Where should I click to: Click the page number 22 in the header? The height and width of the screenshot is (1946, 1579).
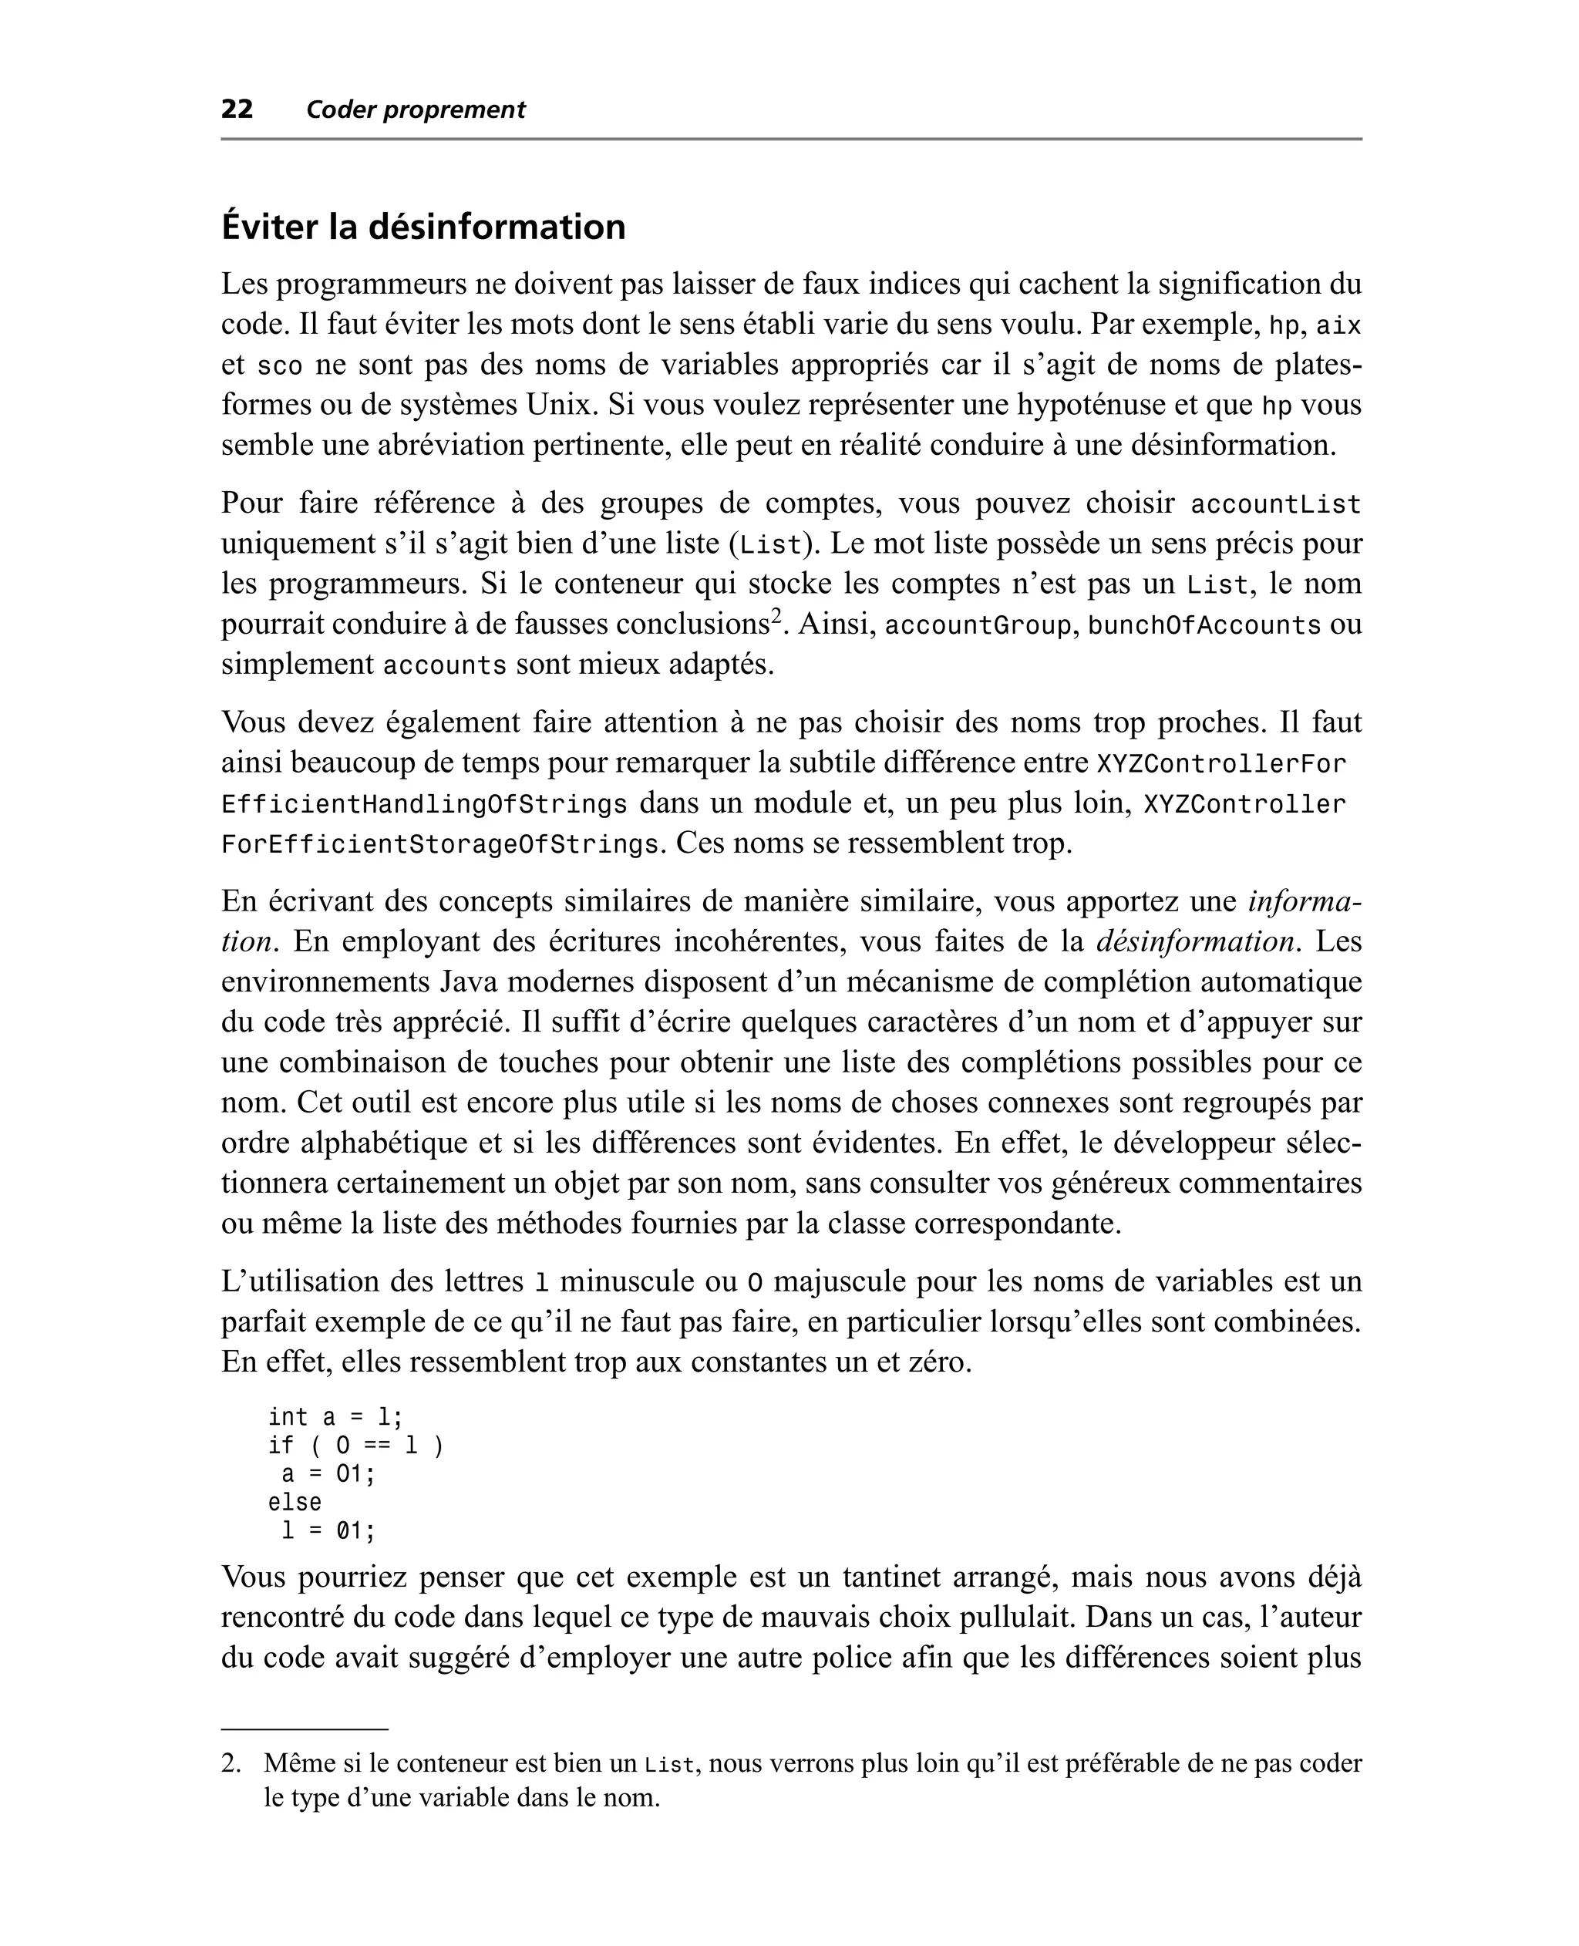(x=237, y=109)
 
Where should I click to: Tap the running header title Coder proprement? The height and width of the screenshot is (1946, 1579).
(x=416, y=110)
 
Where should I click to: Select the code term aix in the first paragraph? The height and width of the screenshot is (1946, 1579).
(x=1339, y=325)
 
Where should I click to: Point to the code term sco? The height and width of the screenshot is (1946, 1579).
(x=279, y=365)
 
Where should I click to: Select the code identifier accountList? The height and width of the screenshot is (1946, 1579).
(x=1275, y=503)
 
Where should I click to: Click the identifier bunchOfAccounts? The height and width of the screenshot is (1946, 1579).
(x=1204, y=625)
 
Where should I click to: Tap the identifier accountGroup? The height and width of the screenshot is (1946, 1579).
(x=978, y=625)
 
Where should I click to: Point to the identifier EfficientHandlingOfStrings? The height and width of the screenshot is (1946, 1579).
(x=424, y=805)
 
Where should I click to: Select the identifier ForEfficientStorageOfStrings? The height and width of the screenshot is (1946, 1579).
(x=439, y=845)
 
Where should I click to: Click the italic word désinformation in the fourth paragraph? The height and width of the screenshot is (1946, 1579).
(x=1194, y=941)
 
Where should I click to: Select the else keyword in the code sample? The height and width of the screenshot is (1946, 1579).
(x=295, y=1501)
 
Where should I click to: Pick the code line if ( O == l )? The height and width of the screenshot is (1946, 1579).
(x=355, y=1445)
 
